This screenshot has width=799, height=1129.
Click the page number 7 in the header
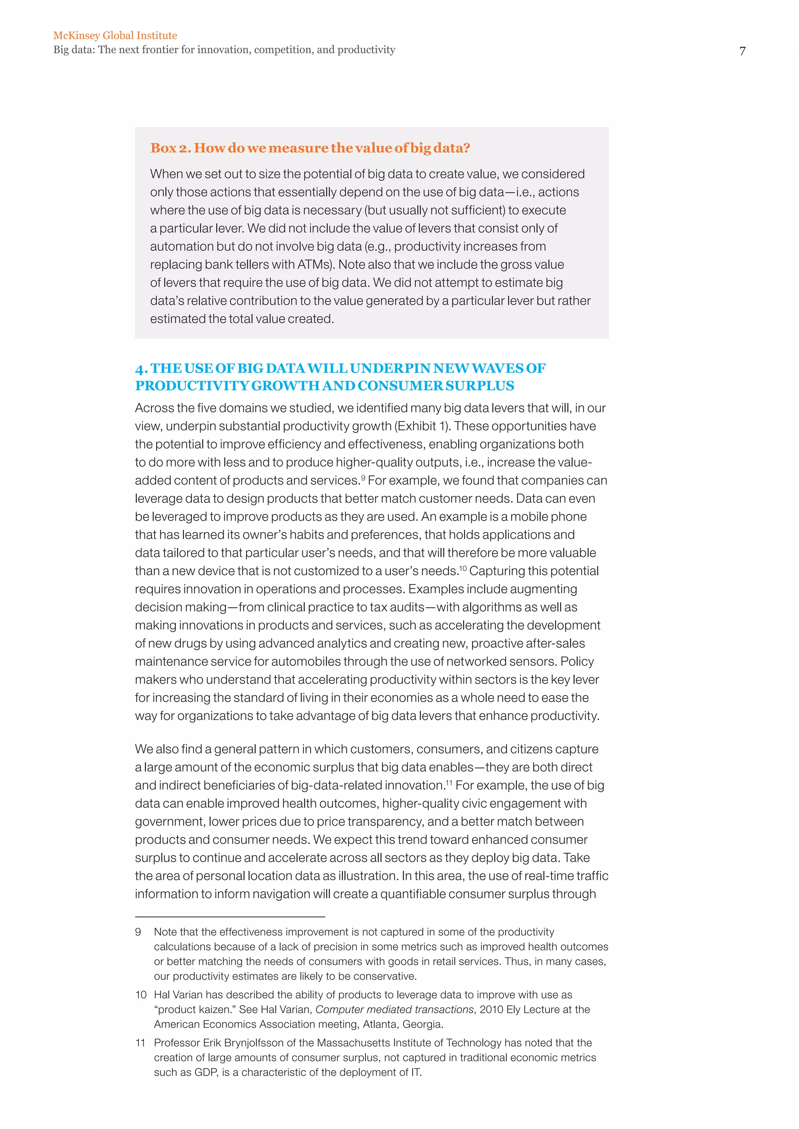tap(742, 51)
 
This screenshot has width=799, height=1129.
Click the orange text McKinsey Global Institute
tap(115, 35)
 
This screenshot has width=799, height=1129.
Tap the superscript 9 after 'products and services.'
tap(363, 478)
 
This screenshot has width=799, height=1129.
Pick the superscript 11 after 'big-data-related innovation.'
tap(449, 782)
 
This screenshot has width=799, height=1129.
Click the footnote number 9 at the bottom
tap(138, 932)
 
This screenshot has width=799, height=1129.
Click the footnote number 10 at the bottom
tap(141, 995)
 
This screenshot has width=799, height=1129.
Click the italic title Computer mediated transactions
tap(394, 1009)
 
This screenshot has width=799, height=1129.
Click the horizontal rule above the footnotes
tap(230, 917)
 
